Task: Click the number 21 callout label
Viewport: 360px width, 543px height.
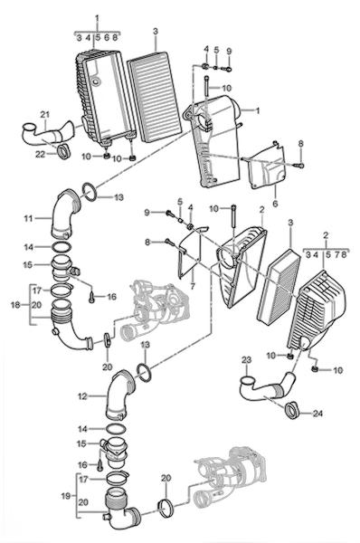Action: click(45, 114)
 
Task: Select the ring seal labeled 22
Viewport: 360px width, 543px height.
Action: click(64, 152)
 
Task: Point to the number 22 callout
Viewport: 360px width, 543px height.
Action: click(40, 154)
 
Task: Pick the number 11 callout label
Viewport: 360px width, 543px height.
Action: click(28, 218)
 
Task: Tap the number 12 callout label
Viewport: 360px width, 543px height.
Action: click(82, 395)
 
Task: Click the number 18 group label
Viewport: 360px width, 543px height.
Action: click(16, 305)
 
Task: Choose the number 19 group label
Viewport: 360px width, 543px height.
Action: click(66, 496)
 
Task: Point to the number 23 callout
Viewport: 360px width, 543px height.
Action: click(246, 360)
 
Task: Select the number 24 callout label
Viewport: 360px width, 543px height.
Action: click(317, 414)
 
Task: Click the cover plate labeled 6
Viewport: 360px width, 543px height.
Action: click(266, 167)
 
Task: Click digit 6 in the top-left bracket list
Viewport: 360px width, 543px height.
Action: click(107, 37)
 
